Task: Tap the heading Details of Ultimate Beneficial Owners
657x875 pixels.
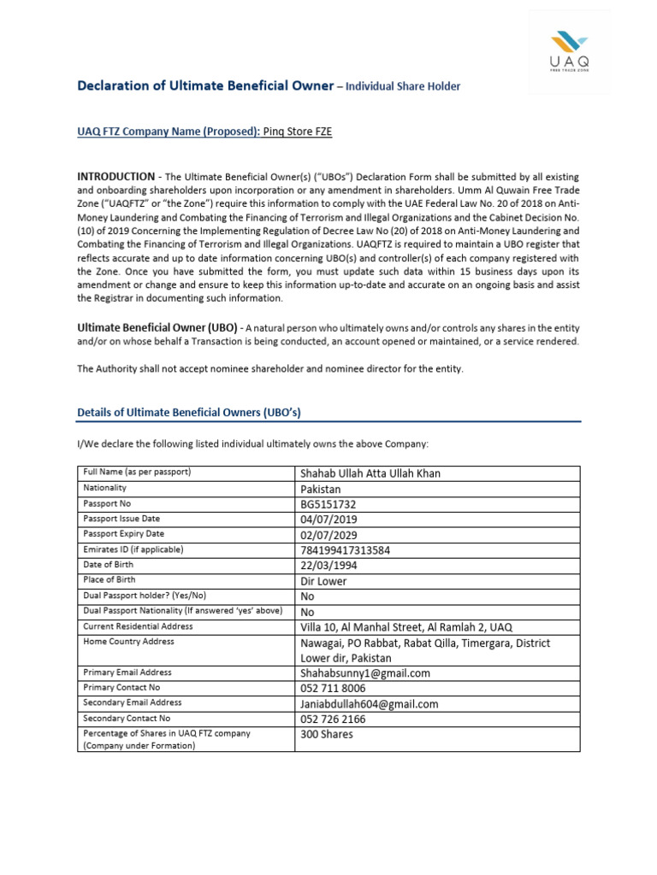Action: coord(189,413)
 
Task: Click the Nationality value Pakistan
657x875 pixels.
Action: coord(320,489)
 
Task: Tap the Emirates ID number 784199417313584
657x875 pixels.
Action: coord(345,550)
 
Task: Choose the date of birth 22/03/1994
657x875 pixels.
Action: coord(328,566)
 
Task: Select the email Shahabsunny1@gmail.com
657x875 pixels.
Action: coord(364,673)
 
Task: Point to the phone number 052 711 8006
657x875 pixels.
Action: coord(333,689)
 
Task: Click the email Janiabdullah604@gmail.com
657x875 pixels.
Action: coord(369,704)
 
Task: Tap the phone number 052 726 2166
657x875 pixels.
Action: coord(333,719)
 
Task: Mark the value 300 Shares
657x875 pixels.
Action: coord(326,735)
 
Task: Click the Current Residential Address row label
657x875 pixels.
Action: coord(138,626)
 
